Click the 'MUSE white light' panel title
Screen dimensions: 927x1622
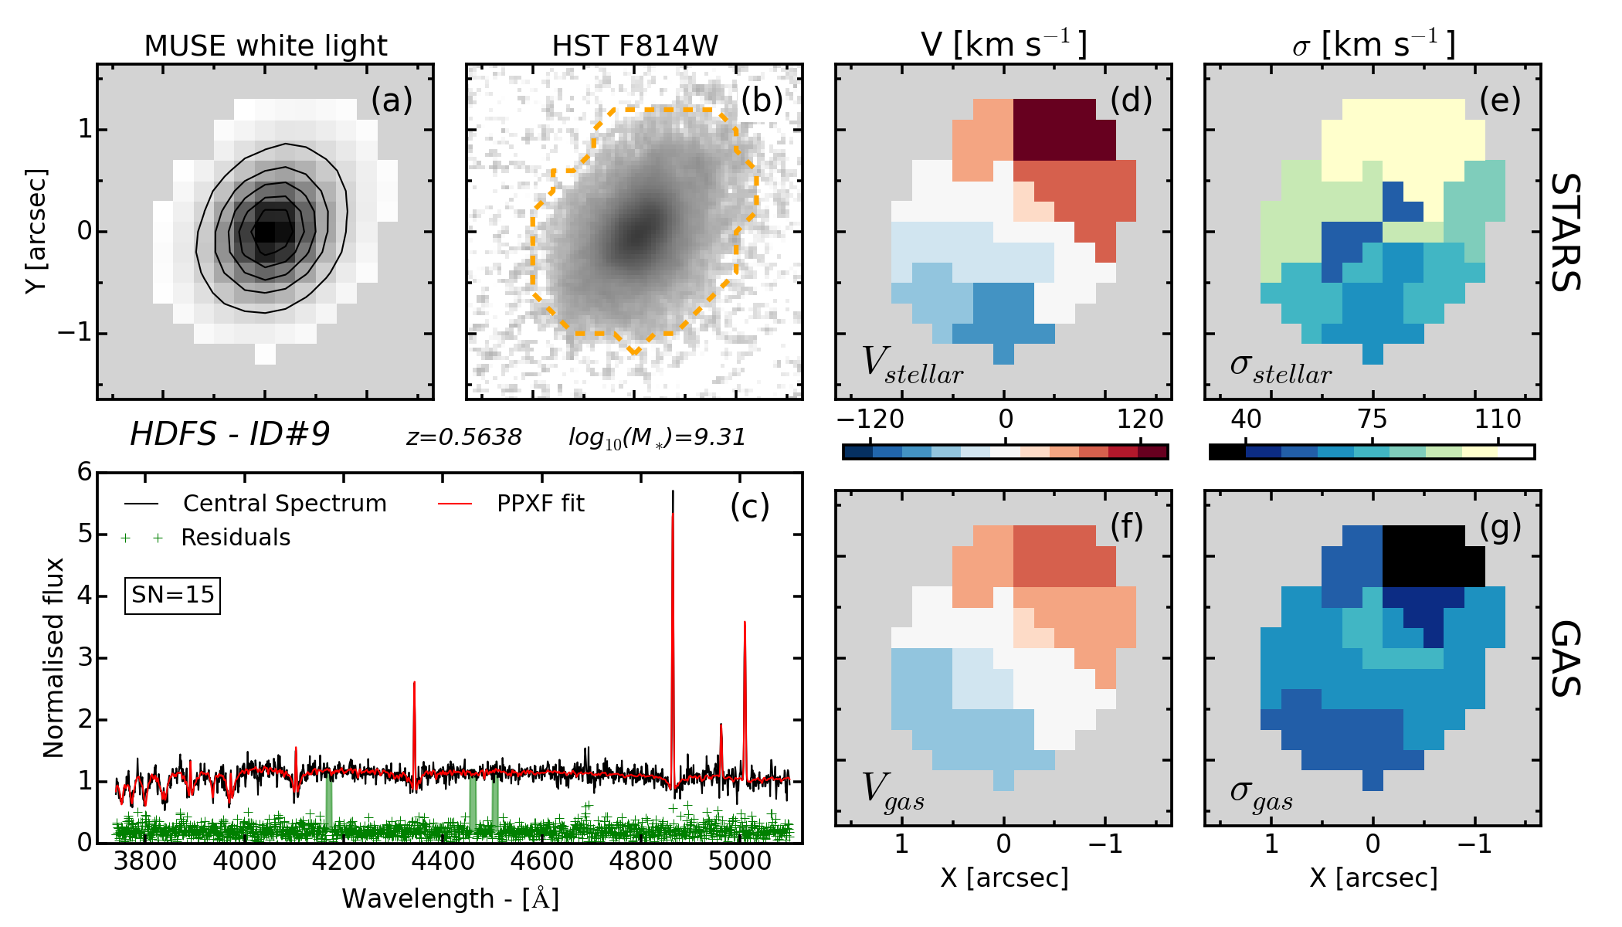click(x=266, y=46)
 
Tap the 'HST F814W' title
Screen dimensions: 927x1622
click(x=635, y=46)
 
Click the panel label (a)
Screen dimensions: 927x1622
click(x=392, y=100)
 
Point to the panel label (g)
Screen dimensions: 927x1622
click(x=1500, y=527)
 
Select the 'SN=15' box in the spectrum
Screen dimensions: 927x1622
click(x=172, y=595)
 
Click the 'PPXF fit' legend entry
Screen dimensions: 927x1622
click(x=540, y=504)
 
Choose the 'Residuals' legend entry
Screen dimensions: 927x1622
click(x=236, y=538)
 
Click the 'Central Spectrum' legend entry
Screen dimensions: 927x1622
click(x=284, y=504)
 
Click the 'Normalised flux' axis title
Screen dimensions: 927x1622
click(x=53, y=657)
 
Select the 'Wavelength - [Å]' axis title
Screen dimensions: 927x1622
click(x=450, y=899)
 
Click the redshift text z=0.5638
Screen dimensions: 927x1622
click(x=464, y=437)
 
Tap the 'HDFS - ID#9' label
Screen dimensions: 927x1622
click(x=229, y=435)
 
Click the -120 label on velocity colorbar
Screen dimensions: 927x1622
click(x=870, y=419)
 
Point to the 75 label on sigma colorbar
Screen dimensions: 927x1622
click(x=1372, y=419)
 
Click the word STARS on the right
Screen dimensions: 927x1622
click(x=1566, y=232)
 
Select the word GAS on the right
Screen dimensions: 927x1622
click(x=1566, y=658)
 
